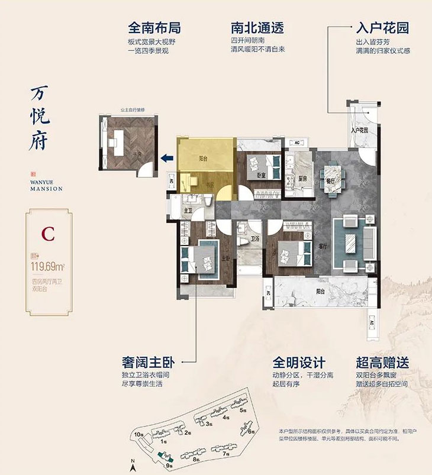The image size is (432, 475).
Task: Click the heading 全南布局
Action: tap(154, 28)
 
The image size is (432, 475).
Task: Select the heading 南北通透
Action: tap(256, 28)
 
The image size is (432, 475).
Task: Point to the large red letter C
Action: tap(48, 233)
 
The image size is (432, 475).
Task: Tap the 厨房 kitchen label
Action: tap(301, 178)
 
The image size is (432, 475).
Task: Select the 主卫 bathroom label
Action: tap(188, 209)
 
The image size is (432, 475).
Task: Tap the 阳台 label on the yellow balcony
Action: tap(202, 159)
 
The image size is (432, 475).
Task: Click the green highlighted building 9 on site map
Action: tap(165, 457)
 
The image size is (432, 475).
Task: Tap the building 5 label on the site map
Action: tap(243, 410)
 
